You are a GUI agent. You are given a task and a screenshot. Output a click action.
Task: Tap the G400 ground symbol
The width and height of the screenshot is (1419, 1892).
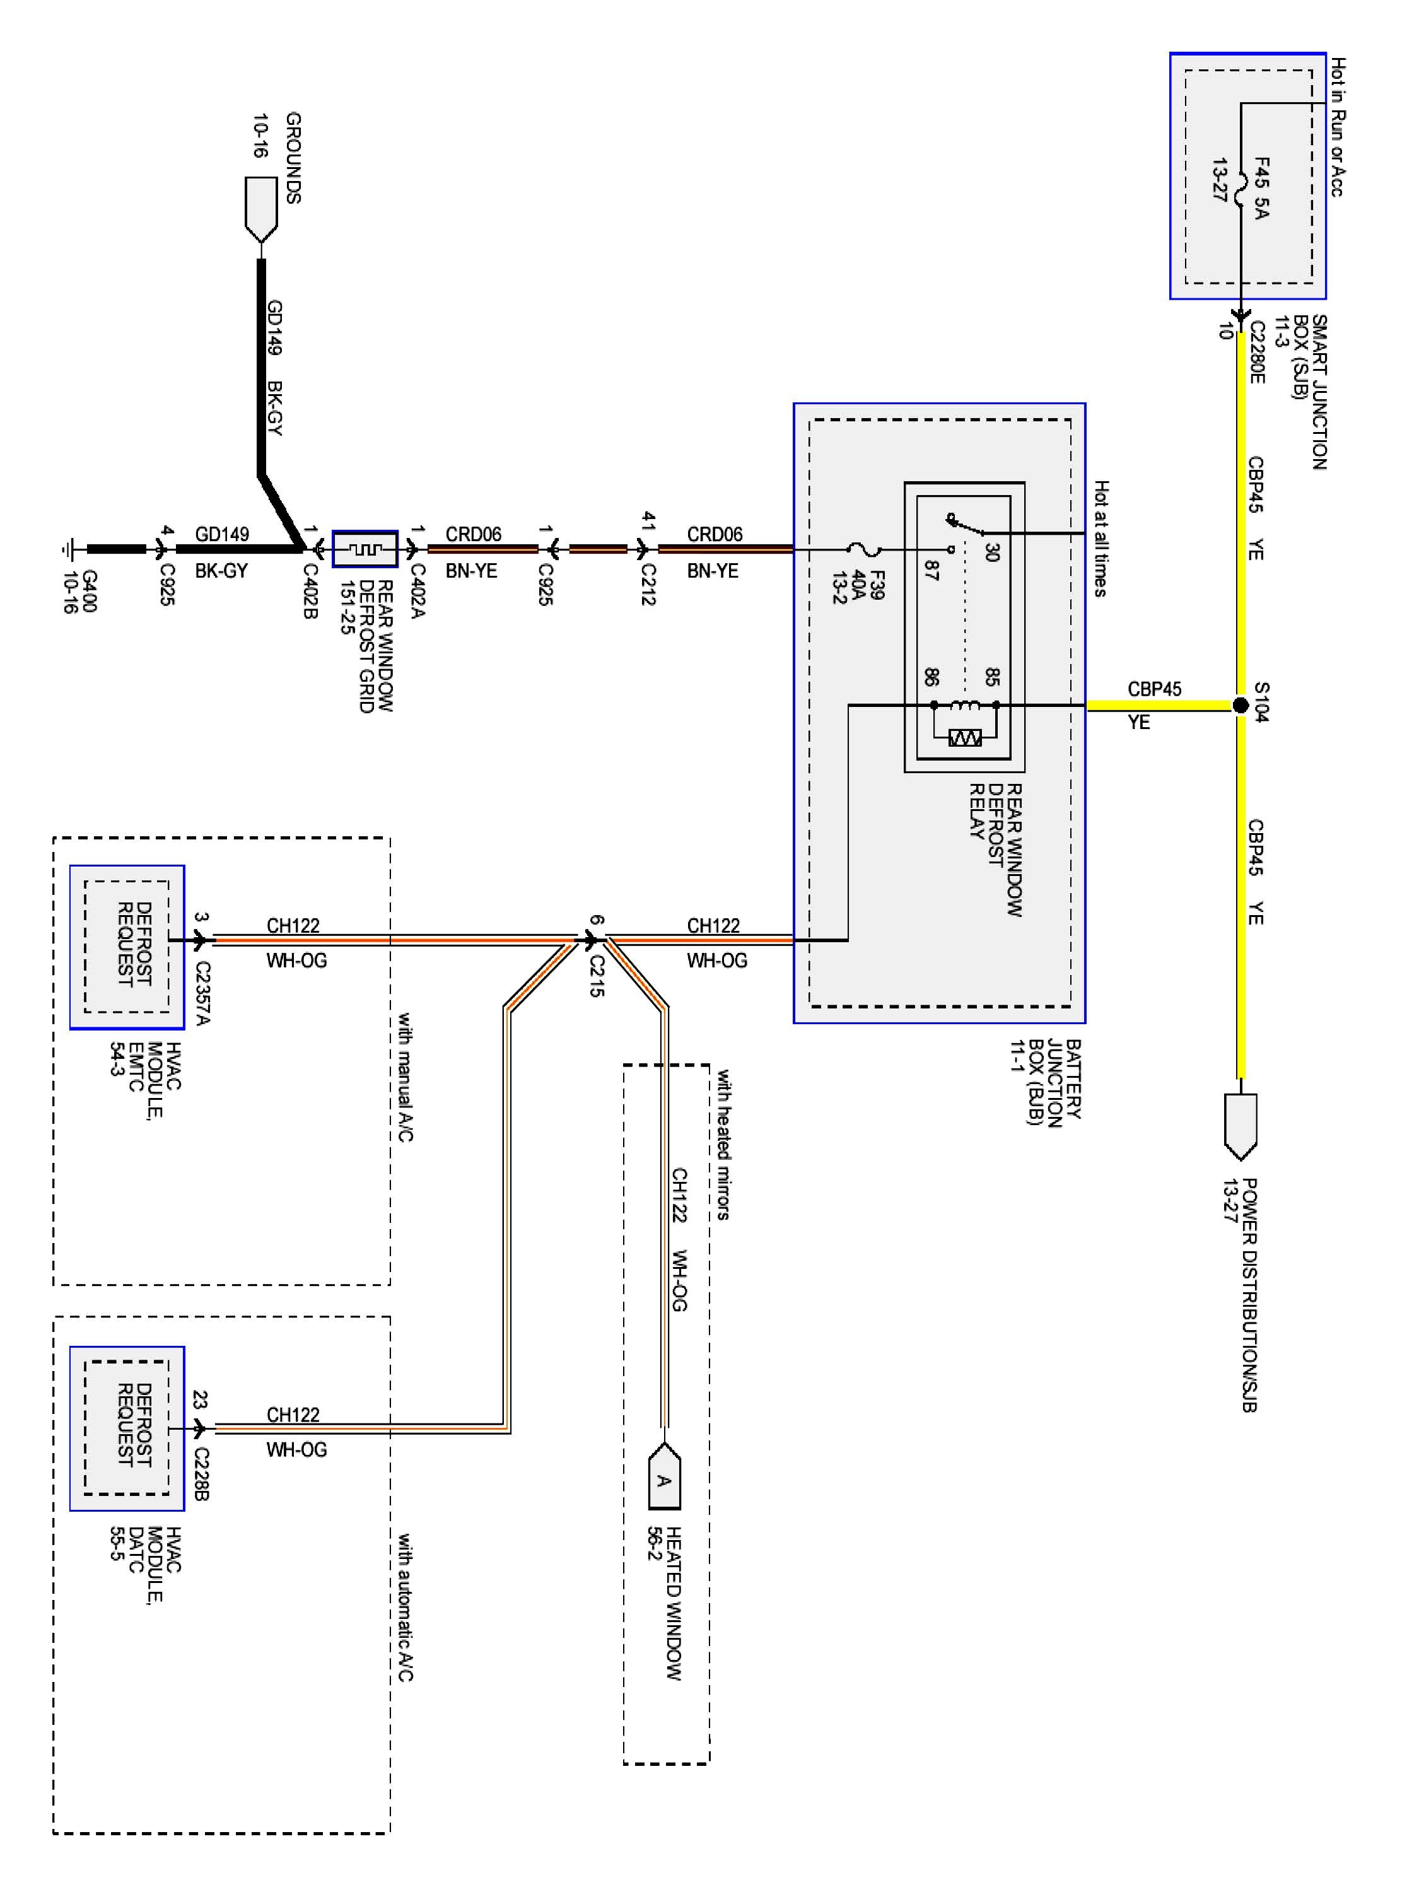coord(71,549)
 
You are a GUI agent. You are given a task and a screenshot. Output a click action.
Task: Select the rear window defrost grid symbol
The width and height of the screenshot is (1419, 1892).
coord(365,549)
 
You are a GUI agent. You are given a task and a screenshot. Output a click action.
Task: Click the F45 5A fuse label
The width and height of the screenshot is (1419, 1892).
coord(1261,187)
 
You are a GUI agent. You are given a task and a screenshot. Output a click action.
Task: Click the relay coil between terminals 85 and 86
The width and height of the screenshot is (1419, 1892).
coord(965,705)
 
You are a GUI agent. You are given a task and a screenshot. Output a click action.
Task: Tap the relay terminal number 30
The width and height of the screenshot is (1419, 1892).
coord(991,552)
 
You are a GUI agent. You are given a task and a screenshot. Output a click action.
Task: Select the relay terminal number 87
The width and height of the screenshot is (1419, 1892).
coord(931,571)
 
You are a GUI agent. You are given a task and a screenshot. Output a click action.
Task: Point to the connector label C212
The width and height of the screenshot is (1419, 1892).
coord(648,584)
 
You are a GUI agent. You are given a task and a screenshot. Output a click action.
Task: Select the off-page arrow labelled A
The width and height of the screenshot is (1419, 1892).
coord(663,1476)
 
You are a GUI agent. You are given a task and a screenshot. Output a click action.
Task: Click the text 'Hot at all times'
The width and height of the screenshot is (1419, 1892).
coord(1101,538)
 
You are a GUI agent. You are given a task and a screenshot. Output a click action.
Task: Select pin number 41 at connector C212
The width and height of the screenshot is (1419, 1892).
coord(648,522)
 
